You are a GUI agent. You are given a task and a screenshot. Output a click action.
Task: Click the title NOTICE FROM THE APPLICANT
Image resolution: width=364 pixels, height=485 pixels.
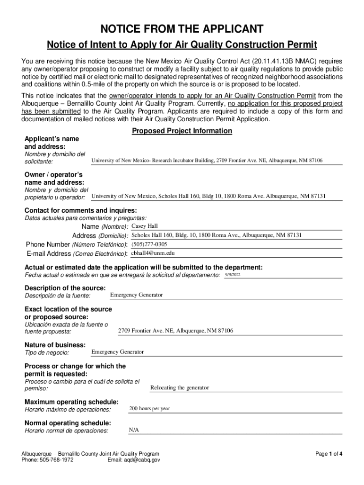(x=182, y=29)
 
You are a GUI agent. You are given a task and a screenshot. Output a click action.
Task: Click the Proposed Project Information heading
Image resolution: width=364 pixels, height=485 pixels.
(x=182, y=131)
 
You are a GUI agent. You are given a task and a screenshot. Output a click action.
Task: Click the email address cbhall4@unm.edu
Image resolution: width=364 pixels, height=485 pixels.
(x=149, y=253)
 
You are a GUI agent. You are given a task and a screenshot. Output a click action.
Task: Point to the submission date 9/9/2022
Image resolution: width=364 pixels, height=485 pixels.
(x=233, y=275)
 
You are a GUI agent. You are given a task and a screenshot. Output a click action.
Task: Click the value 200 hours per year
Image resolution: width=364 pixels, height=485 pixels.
(x=149, y=408)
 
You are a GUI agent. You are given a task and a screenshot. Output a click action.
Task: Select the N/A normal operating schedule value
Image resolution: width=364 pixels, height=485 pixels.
(x=134, y=430)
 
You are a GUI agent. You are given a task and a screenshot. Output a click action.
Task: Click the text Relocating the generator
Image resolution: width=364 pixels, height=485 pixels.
(x=179, y=388)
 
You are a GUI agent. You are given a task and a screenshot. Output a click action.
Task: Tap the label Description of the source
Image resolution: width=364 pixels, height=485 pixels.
(x=65, y=288)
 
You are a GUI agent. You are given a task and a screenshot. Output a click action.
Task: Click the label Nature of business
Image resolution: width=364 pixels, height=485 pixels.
(x=55, y=345)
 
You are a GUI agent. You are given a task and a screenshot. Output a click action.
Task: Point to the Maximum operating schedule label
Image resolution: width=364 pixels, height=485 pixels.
(x=71, y=402)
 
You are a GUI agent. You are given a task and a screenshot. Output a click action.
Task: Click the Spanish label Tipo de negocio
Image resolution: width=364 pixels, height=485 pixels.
(x=47, y=353)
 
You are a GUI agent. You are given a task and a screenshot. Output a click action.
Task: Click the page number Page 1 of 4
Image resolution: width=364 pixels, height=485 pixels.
(x=329, y=454)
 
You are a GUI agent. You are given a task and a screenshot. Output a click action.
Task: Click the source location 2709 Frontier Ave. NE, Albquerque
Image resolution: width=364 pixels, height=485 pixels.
(x=175, y=331)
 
